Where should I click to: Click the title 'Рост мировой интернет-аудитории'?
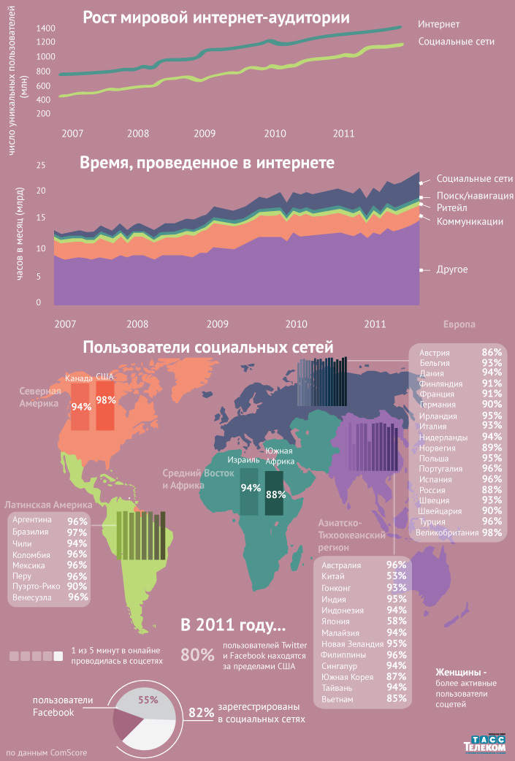click(215, 18)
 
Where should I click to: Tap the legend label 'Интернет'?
click(438, 24)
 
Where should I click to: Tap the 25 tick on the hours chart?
click(41, 165)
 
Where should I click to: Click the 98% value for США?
click(106, 400)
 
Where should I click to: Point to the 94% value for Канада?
click(81, 406)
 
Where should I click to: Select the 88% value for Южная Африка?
click(276, 494)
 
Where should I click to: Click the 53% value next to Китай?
click(396, 576)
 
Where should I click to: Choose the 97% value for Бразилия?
click(77, 532)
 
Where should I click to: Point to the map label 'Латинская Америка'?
click(48, 505)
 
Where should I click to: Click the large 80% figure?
click(197, 655)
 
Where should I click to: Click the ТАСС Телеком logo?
click(484, 743)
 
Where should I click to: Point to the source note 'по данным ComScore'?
click(45, 752)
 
